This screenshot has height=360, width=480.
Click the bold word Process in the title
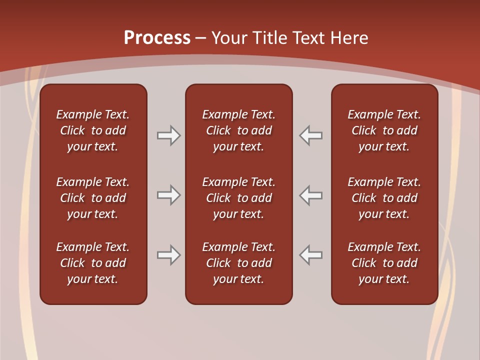click(157, 38)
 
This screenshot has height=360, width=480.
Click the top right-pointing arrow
click(168, 135)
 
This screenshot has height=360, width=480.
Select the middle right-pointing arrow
click(168, 195)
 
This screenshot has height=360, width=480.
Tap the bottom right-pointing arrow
click(168, 255)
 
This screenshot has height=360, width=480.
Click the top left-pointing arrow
click(311, 135)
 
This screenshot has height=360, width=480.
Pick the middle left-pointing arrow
click(311, 195)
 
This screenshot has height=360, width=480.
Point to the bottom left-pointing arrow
click(311, 255)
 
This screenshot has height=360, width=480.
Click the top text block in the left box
click(93, 130)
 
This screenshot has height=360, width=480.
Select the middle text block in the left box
click(93, 198)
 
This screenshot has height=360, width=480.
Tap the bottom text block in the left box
click(93, 263)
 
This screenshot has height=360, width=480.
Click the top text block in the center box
click(238, 130)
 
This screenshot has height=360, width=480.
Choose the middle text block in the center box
click(238, 198)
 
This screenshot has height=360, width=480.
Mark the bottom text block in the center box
click(238, 263)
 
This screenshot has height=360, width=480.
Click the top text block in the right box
click(384, 130)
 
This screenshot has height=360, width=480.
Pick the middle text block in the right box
click(384, 198)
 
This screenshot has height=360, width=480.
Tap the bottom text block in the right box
click(384, 263)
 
